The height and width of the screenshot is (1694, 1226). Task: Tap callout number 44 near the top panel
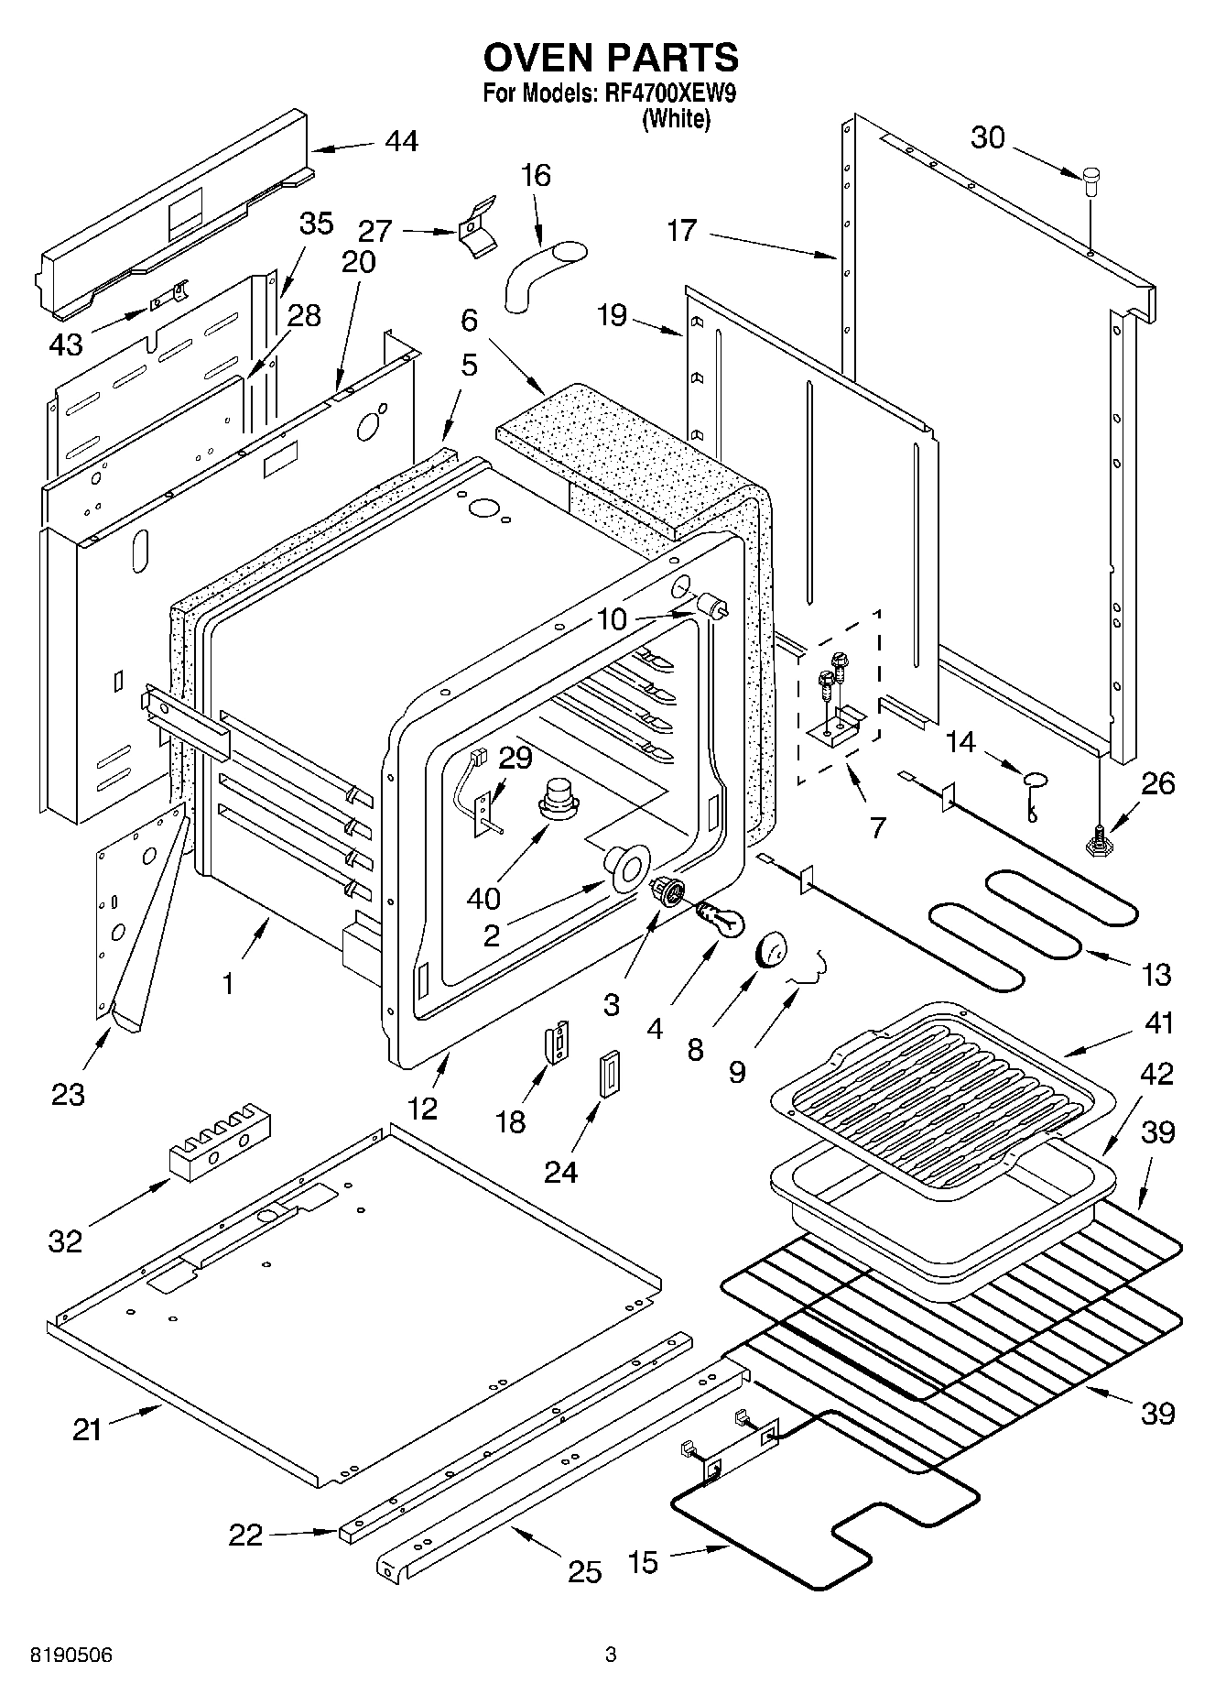click(401, 141)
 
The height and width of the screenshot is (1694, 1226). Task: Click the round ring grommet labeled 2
click(625, 866)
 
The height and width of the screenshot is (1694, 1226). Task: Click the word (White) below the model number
click(676, 118)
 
